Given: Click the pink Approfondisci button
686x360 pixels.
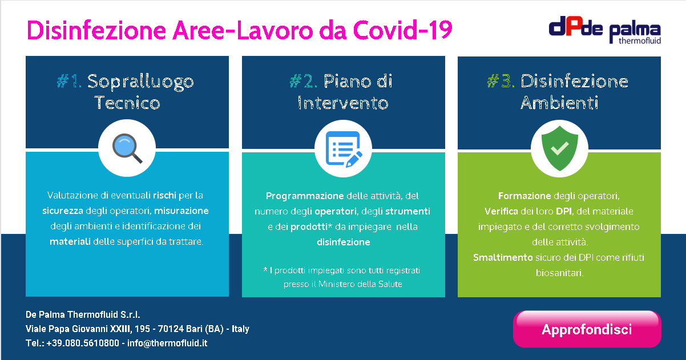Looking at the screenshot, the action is (587, 329).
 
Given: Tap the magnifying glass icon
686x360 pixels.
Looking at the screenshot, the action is (127, 148).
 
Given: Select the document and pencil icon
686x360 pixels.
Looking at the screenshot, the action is (344, 149).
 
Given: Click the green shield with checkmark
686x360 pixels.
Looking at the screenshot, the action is (559, 148).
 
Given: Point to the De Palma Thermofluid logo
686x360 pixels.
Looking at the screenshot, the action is (605, 30).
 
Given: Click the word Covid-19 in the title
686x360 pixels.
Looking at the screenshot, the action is (402, 30).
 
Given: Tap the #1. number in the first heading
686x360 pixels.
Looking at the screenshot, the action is (69, 81).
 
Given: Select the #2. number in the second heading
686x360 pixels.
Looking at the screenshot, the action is (303, 81).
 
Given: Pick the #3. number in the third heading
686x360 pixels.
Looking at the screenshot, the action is (501, 81).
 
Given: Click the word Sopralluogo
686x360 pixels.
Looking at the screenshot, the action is (140, 82).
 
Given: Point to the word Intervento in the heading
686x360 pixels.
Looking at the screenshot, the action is (343, 103).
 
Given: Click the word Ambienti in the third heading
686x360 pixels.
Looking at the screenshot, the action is (559, 103).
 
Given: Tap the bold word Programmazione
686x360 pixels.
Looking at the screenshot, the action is (305, 196).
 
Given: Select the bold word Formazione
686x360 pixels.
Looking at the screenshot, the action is (524, 196).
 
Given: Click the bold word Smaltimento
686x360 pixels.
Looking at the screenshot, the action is (503, 257).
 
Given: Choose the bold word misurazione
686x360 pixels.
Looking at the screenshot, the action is (181, 211).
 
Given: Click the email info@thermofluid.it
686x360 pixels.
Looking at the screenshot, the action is (167, 343).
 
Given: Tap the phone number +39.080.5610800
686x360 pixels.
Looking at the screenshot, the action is (83, 343).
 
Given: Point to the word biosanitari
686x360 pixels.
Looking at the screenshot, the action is (559, 273).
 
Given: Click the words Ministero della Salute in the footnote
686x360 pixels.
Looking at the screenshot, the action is (360, 284).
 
